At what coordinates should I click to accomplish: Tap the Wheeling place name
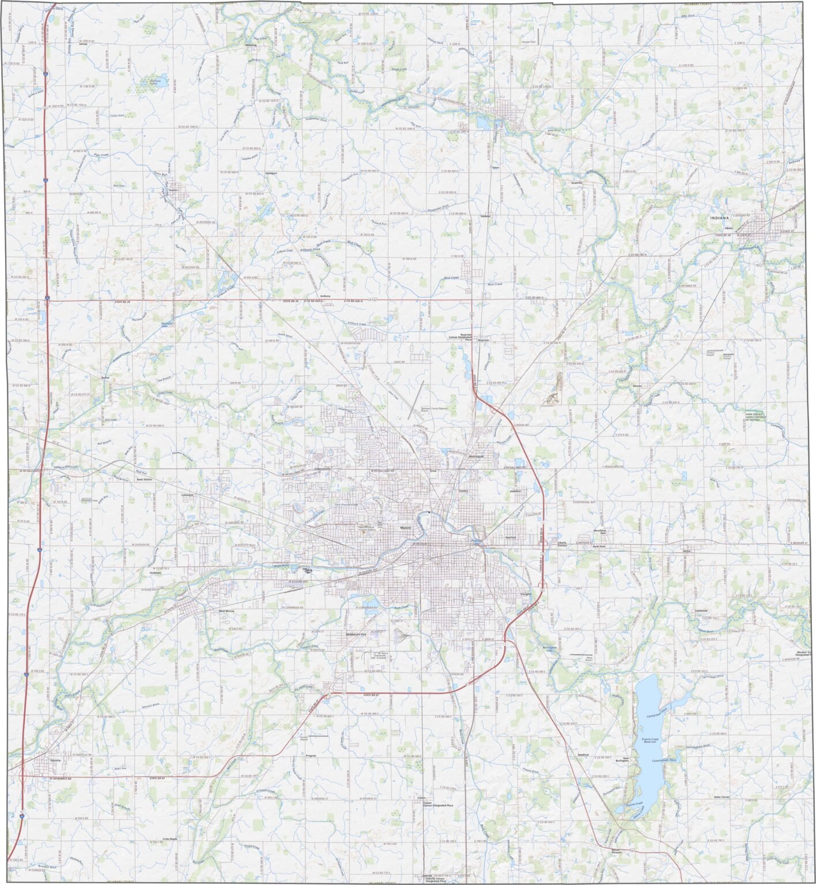pyautogui.click(x=251, y=44)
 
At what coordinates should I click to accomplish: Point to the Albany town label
pyautogui.click(x=728, y=228)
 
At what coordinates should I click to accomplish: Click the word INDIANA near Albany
pyautogui.click(x=719, y=218)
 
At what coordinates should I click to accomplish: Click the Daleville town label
pyautogui.click(x=55, y=761)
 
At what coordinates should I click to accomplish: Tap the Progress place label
pyautogui.click(x=311, y=755)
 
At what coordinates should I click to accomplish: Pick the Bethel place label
pyautogui.click(x=105, y=377)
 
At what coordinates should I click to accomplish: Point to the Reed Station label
pyautogui.click(x=144, y=479)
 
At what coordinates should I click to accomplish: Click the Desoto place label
pyautogui.click(x=637, y=385)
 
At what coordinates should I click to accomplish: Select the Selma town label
pyautogui.click(x=686, y=551)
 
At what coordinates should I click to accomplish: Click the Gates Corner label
pyautogui.click(x=721, y=796)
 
